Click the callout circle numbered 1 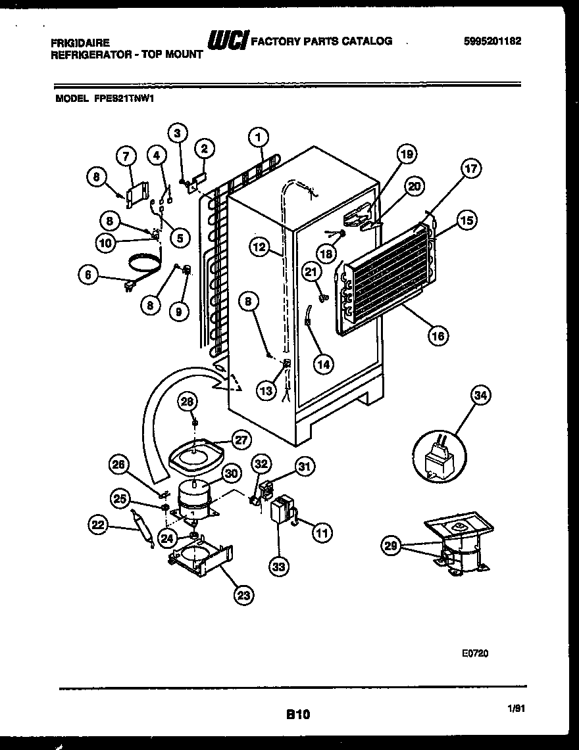(x=259, y=137)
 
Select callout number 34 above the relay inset (x=481, y=395)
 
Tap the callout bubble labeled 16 (x=438, y=336)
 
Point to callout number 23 (x=243, y=595)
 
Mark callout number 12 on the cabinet (x=260, y=247)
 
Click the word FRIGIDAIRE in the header (x=78, y=41)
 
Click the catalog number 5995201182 (x=492, y=41)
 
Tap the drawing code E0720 (x=474, y=654)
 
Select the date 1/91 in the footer (x=518, y=709)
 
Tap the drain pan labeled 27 (x=196, y=454)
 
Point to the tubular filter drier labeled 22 (x=143, y=526)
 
